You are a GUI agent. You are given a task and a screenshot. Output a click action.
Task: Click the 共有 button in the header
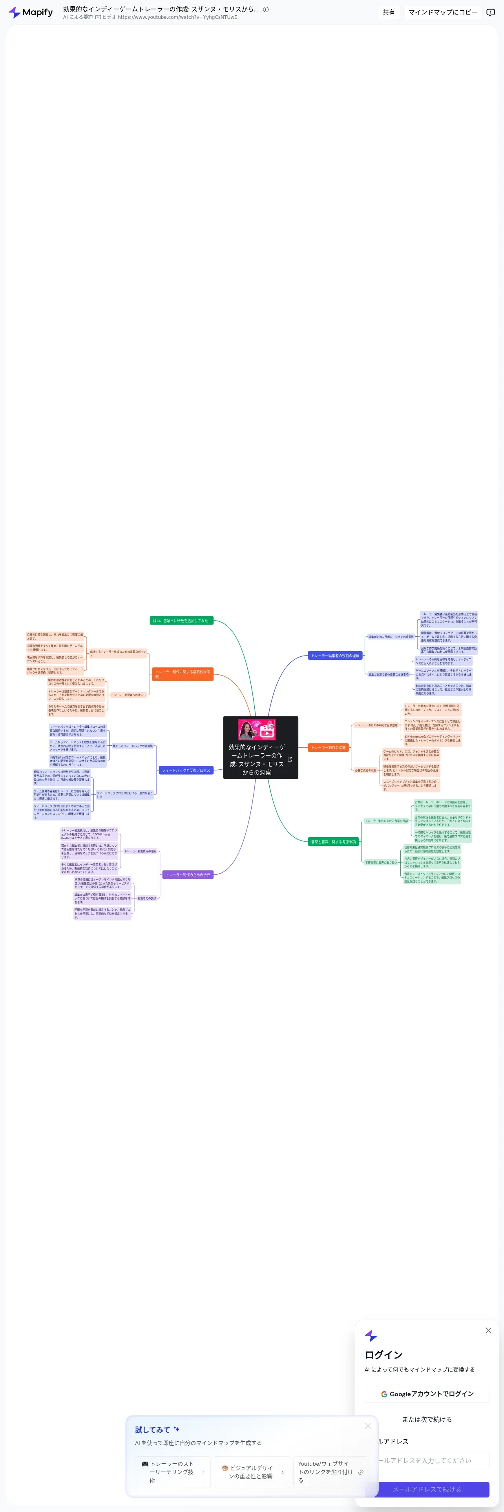(389, 12)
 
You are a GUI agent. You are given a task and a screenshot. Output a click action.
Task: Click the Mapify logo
(31, 12)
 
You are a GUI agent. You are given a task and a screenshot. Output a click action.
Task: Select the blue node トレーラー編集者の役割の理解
(335, 656)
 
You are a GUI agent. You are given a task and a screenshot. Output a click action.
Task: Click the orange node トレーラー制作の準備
(329, 747)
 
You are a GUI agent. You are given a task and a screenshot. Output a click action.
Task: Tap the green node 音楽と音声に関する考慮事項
(333, 841)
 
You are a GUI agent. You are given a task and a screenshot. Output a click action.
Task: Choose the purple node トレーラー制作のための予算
(188, 875)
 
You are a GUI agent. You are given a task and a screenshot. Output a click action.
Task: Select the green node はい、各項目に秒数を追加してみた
(181, 621)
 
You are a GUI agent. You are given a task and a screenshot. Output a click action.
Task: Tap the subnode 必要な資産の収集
(365, 770)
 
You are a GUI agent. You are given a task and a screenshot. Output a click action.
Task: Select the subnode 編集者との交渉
(147, 898)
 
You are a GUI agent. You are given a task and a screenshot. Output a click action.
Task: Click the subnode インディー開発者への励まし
(128, 695)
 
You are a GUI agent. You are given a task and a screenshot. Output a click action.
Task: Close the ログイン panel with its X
(488, 1331)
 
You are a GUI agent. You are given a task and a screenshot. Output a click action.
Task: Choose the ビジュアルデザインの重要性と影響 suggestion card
(252, 1472)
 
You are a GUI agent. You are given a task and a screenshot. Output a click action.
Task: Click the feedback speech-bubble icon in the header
(491, 12)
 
